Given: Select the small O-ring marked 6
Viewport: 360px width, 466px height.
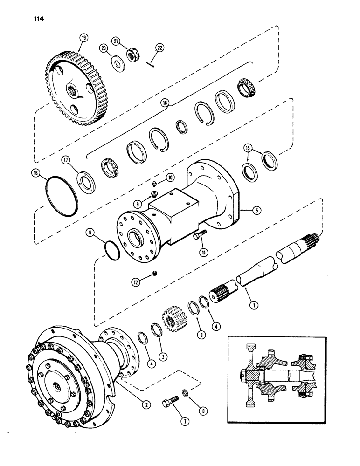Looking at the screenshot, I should click(112, 249).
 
